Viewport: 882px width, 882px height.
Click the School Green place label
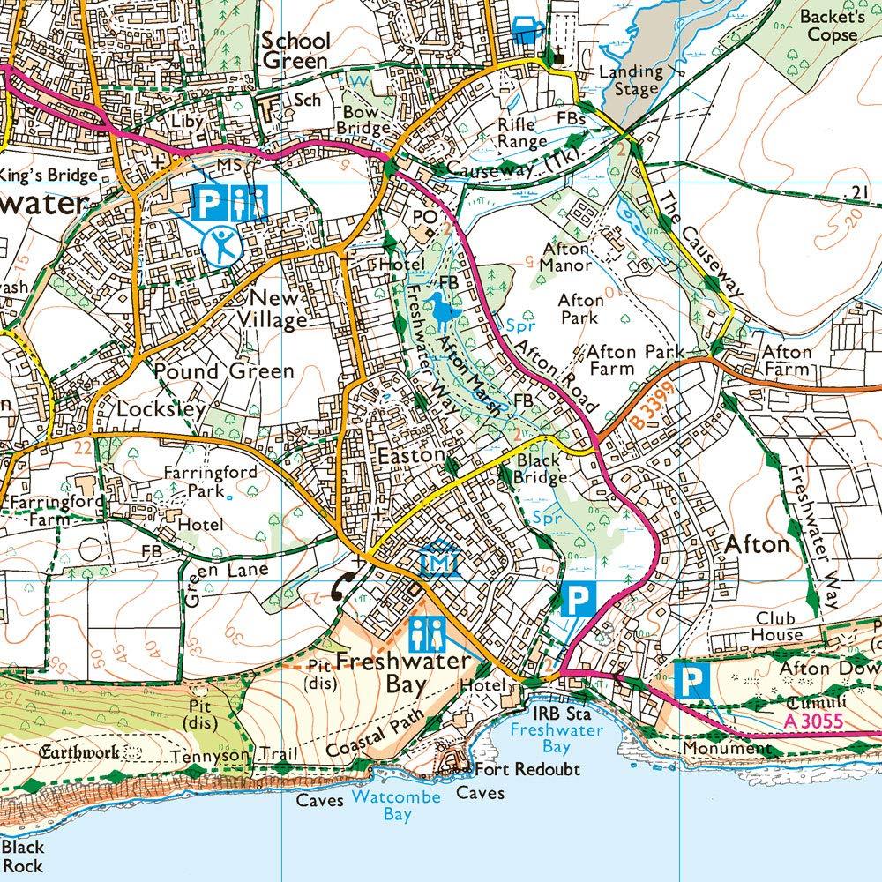295,51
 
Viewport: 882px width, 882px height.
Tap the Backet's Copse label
828,26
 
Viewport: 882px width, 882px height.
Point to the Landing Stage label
630,80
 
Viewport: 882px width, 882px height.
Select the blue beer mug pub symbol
527,28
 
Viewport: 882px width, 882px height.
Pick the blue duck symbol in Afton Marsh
441,310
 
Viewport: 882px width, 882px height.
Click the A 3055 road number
813,721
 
